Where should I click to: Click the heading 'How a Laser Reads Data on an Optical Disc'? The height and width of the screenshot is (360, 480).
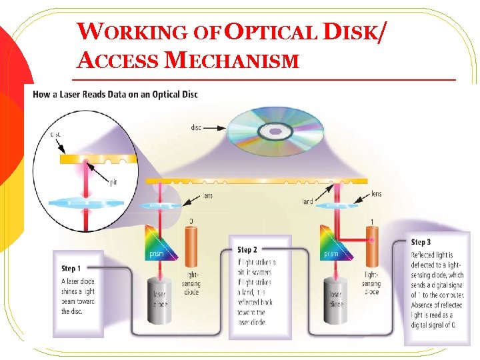pos(115,94)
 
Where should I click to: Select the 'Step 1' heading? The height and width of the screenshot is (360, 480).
pos(71,268)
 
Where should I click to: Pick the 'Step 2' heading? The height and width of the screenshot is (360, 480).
pos(247,249)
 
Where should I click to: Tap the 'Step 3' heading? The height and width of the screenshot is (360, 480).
pos(421,242)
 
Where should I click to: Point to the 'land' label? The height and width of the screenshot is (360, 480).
pos(308,201)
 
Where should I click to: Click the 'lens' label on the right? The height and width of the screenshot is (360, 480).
pos(376,194)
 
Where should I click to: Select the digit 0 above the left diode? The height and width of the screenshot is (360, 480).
pos(191,221)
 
